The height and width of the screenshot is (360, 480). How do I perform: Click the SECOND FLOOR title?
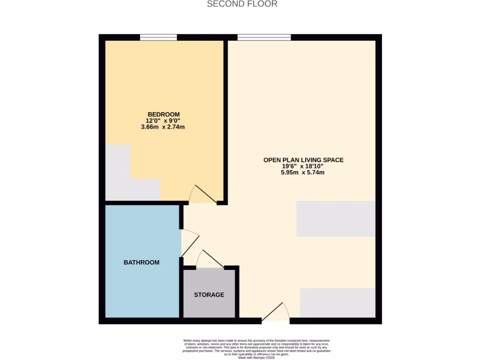pyautogui.click(x=242, y=4)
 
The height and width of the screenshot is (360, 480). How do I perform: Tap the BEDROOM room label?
pyautogui.click(x=164, y=114)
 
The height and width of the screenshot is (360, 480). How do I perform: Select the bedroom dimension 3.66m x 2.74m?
pyautogui.click(x=163, y=127)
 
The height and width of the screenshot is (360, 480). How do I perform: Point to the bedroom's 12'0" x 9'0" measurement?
pyautogui.click(x=163, y=120)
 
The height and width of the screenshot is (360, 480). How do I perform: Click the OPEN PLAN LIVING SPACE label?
pyautogui.click(x=303, y=160)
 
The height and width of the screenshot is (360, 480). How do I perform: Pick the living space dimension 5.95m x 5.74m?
pyautogui.click(x=303, y=172)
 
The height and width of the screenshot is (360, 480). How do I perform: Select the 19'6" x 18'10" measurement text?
pyautogui.click(x=303, y=166)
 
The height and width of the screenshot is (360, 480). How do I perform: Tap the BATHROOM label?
pyautogui.click(x=142, y=262)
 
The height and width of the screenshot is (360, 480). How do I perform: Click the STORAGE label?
pyautogui.click(x=209, y=295)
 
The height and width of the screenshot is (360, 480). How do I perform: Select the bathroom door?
pyautogui.click(x=189, y=243)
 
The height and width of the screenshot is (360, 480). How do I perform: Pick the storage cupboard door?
pyautogui.click(x=209, y=259)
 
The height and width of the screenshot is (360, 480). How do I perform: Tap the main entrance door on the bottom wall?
pyautogui.click(x=277, y=313)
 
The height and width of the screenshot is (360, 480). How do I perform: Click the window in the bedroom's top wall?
pyautogui.click(x=158, y=37)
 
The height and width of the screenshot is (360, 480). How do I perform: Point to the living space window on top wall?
pyautogui.click(x=264, y=37)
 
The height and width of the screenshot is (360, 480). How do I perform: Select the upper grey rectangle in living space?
pyautogui.click(x=336, y=219)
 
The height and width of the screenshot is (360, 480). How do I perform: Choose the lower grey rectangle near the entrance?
pyautogui.click(x=337, y=303)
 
